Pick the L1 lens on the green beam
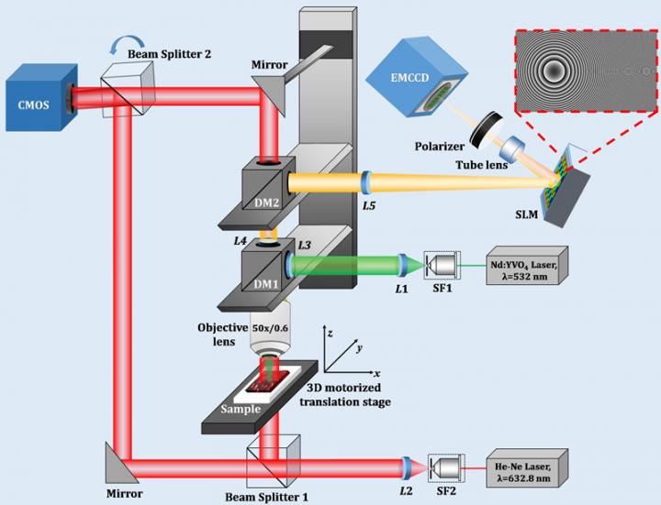click(x=401, y=266)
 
